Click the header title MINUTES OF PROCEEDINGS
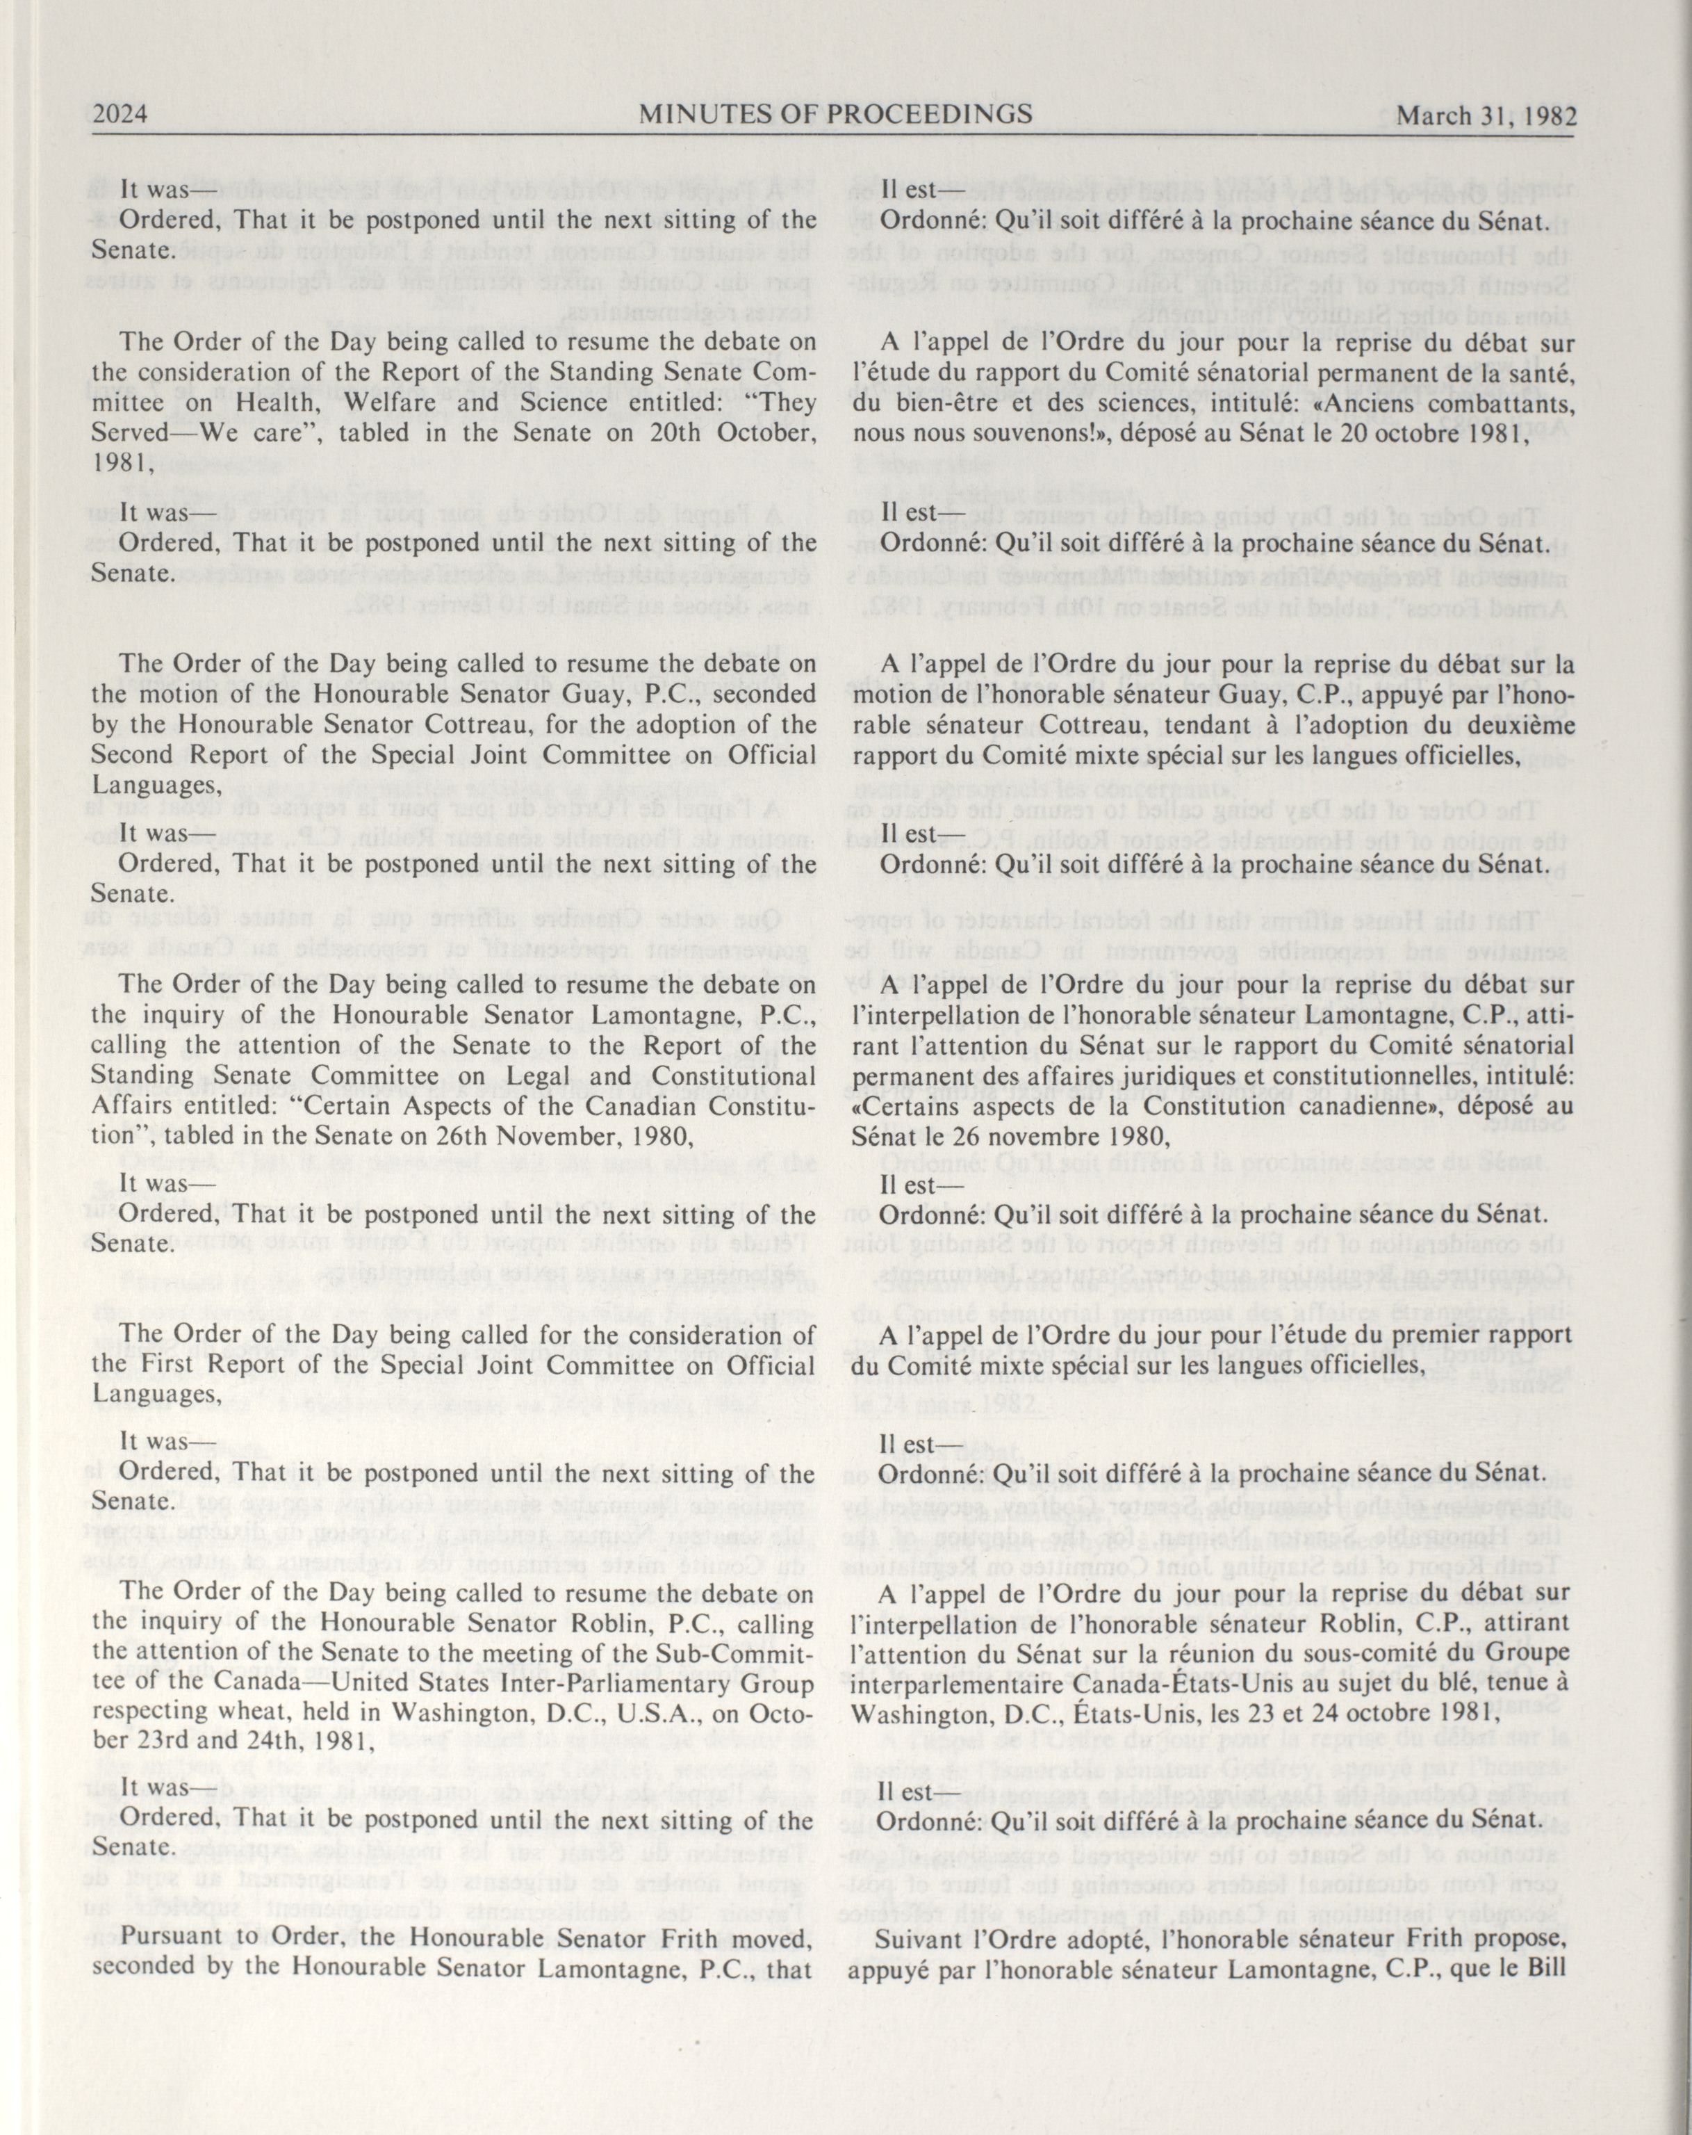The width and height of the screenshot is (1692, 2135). point(836,115)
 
